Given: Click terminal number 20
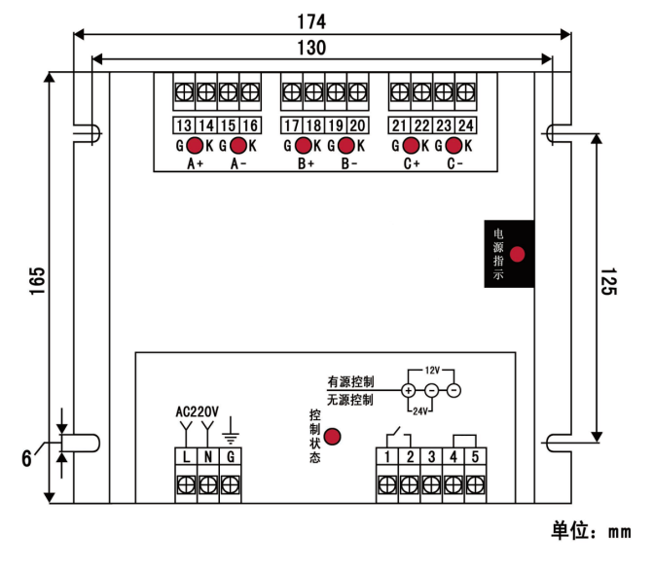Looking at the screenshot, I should (357, 125).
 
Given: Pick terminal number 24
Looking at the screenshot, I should (466, 125).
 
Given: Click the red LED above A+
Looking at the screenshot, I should (195, 146).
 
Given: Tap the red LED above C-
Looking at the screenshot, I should (453, 146).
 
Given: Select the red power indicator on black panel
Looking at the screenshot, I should (518, 255).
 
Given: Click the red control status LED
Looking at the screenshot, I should (333, 437).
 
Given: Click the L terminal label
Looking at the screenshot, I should (185, 456).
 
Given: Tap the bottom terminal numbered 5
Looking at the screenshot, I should (474, 456).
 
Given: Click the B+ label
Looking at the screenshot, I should (306, 164).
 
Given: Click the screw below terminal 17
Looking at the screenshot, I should (291, 92).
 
